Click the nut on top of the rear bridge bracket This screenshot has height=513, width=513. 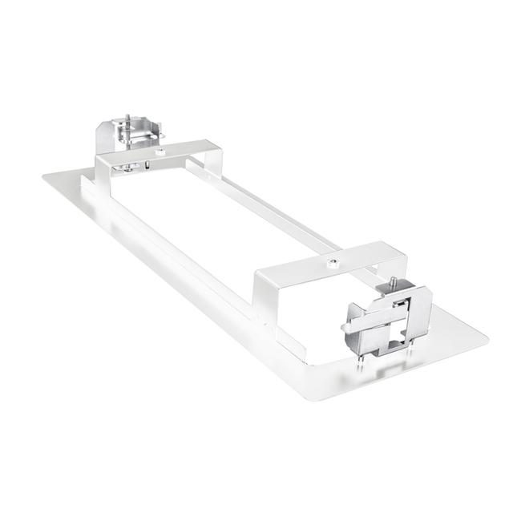pyautogui.click(x=161, y=150)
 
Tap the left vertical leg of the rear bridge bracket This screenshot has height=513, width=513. pyautogui.click(x=101, y=172)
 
